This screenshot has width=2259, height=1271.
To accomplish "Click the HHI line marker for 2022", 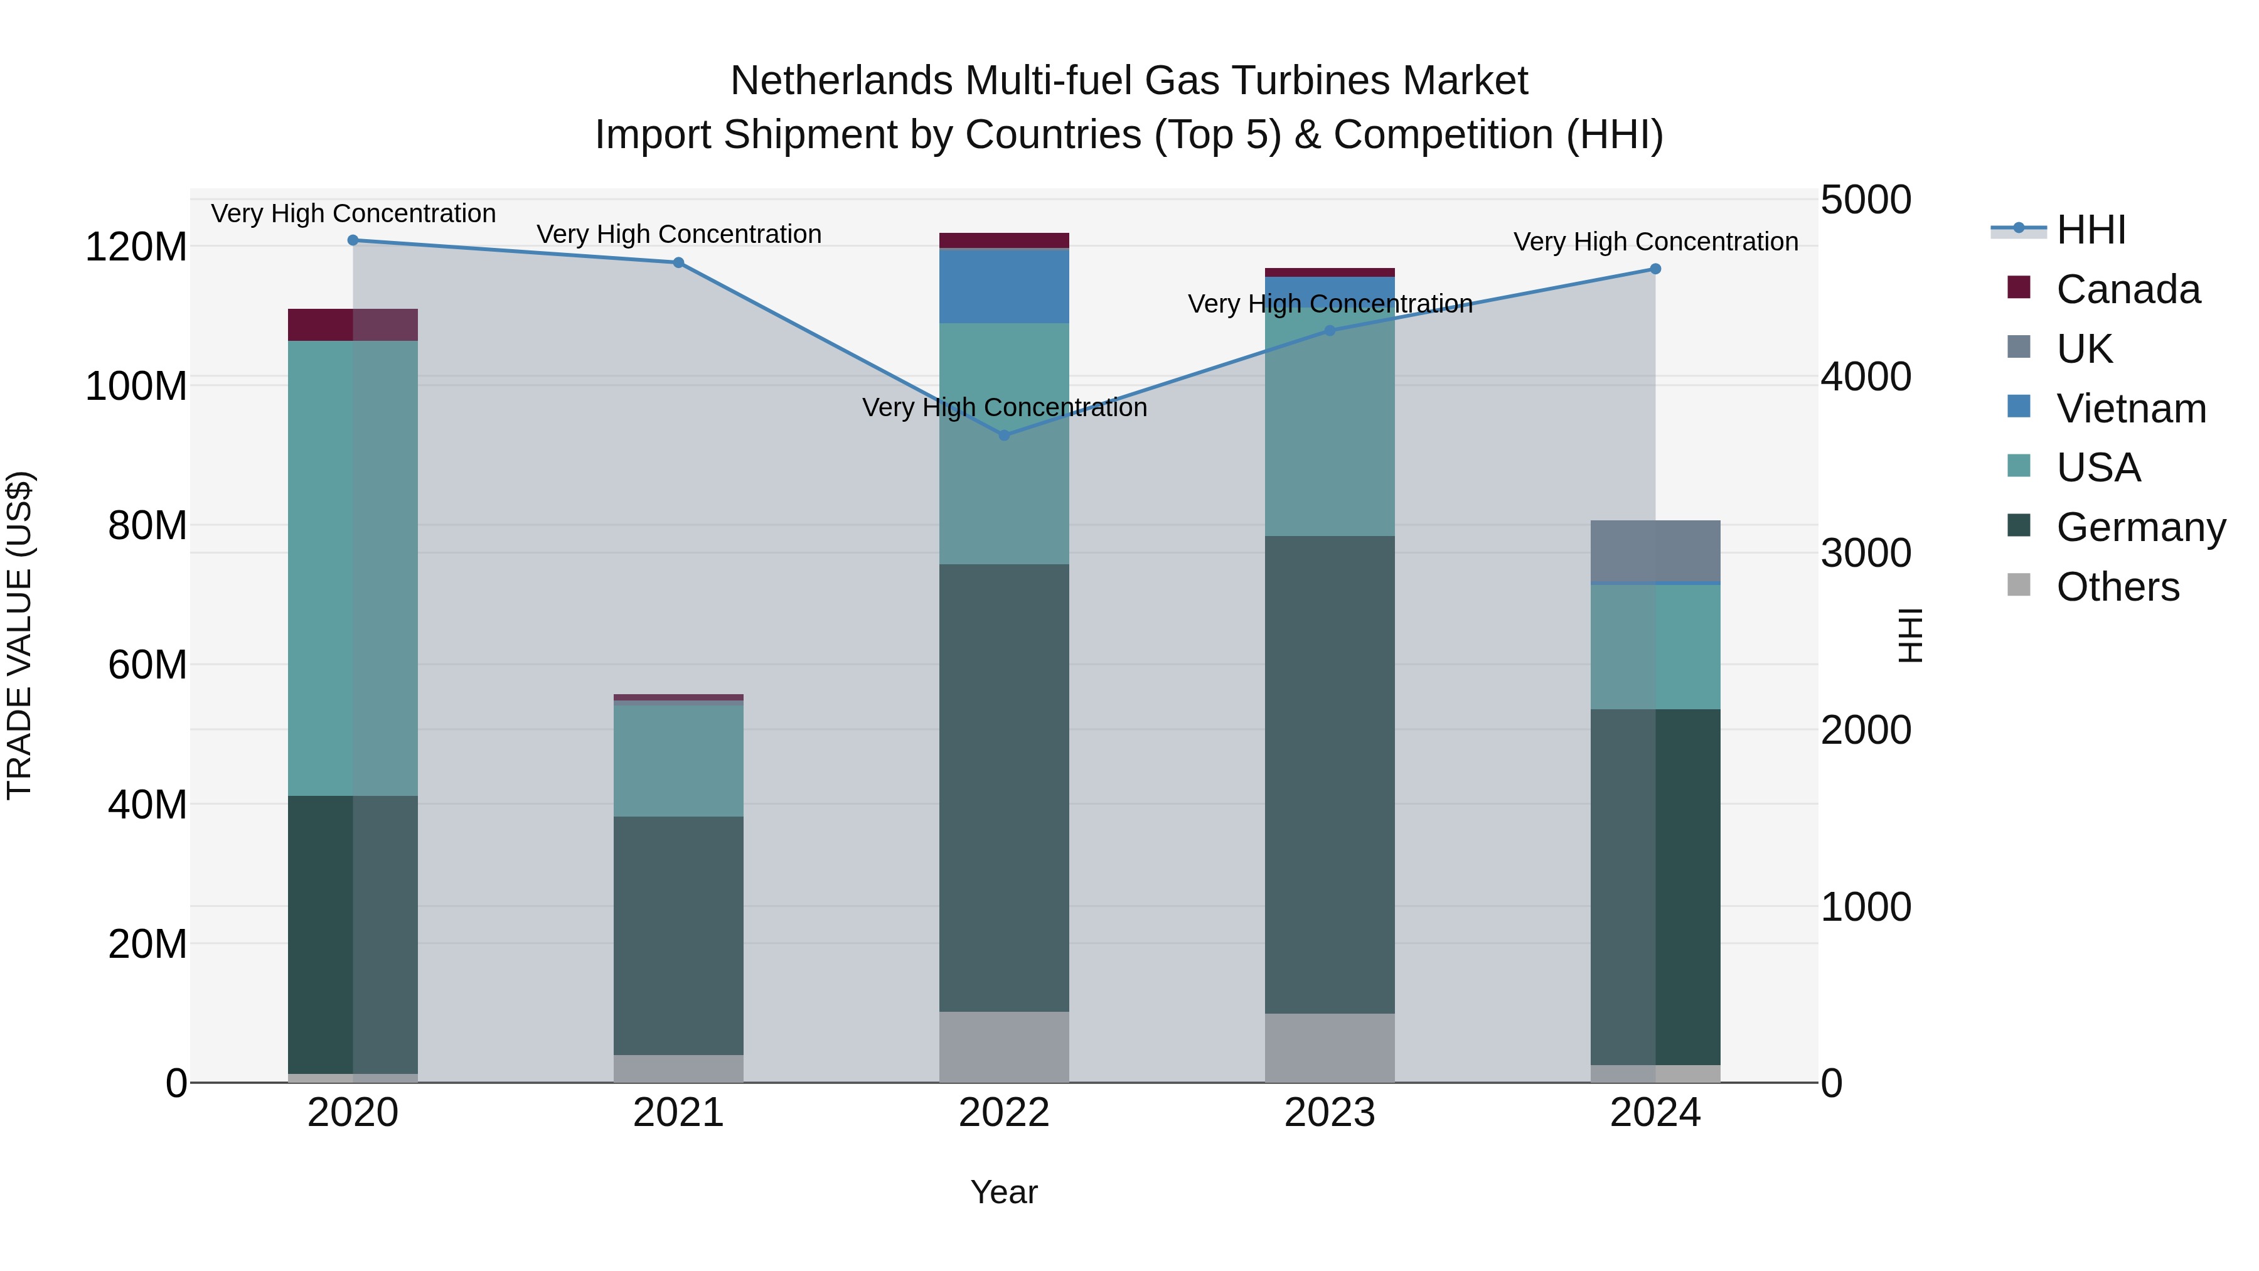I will [1004, 435].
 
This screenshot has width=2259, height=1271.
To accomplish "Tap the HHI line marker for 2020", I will [353, 240].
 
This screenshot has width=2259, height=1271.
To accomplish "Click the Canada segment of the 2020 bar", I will [353, 324].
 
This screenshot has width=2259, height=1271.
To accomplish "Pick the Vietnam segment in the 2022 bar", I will [1004, 286].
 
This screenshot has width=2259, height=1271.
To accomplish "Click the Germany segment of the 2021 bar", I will [678, 935].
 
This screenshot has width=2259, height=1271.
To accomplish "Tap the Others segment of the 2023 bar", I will [1330, 1048].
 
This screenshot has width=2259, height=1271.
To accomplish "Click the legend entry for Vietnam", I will [2131, 409].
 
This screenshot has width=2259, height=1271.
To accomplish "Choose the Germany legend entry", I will [2140, 527].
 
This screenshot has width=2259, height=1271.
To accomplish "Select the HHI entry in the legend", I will [2091, 230].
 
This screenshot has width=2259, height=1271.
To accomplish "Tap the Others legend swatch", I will [2019, 586].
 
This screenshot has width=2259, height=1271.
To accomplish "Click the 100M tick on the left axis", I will [136, 386].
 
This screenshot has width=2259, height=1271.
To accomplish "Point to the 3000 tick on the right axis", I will [1866, 554].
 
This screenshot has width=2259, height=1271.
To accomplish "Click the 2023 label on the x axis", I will [1330, 1113].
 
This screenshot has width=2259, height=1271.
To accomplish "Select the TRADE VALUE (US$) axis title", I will [20, 635].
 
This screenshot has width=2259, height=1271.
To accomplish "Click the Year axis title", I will [1004, 1192].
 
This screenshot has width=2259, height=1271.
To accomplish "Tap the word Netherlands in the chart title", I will [840, 81].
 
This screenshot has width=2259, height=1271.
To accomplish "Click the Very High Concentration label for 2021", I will [679, 234].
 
